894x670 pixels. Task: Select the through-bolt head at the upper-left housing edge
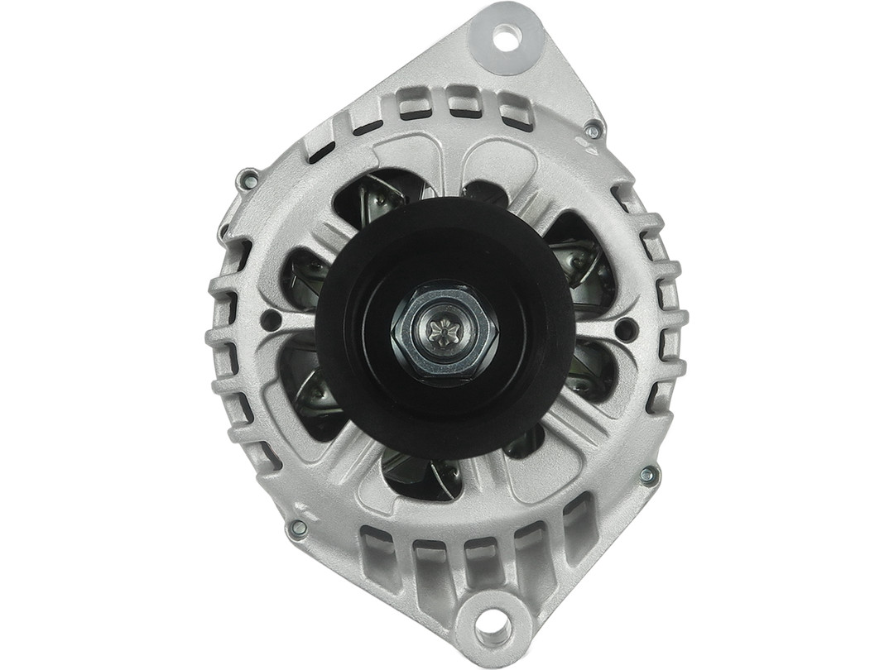pos(246,177)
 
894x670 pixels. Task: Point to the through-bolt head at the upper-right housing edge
pos(593,131)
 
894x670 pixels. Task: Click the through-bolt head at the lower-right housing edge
pos(649,476)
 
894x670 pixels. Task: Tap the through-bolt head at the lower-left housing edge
pos(298,527)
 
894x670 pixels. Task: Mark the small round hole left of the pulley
pos(267,320)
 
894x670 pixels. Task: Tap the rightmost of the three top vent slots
pos(514,111)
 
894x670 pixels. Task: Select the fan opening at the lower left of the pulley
pos(310,389)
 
